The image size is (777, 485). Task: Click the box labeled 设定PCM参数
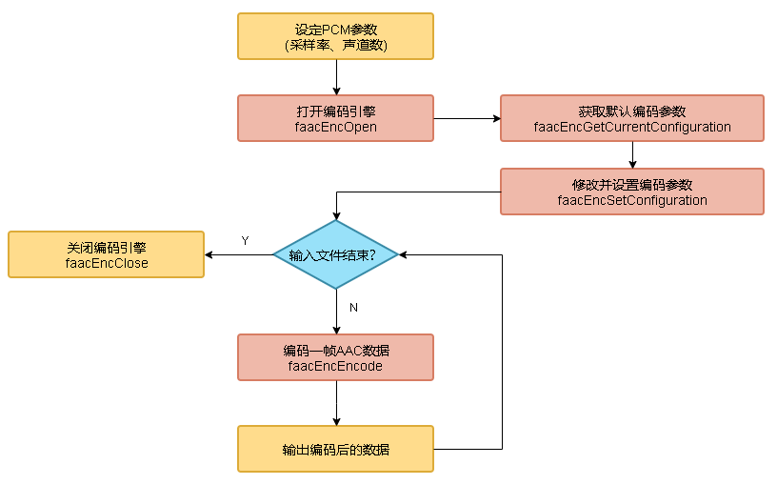pos(335,35)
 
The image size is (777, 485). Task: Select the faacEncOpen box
pos(335,118)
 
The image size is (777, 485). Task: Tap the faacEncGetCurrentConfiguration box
pos(632,118)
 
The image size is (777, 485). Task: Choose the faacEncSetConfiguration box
pos(632,192)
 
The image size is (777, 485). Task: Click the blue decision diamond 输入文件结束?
pos(335,254)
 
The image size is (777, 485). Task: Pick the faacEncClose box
pos(106,254)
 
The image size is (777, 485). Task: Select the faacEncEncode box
pos(335,357)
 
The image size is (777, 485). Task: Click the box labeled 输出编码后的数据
pos(335,449)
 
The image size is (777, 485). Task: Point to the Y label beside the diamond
pos(245,241)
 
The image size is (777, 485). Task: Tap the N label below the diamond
pos(353,308)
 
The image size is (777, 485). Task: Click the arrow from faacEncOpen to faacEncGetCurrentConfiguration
pos(467,118)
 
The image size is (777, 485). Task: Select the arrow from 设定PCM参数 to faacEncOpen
pos(336,77)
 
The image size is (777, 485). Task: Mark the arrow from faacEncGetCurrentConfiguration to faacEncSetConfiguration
pos(632,155)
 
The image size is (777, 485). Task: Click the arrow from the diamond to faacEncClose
pos(238,254)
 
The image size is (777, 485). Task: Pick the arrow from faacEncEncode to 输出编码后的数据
pos(336,403)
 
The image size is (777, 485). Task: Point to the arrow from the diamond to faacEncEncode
pos(336,312)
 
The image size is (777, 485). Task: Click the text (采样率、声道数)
pos(335,45)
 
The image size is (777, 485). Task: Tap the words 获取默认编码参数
pos(632,111)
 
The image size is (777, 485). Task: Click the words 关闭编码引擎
pos(107,247)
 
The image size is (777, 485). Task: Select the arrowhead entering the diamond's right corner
pos(404,254)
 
